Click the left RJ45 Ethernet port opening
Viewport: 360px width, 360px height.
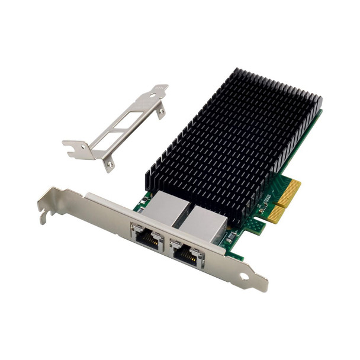click(x=147, y=239)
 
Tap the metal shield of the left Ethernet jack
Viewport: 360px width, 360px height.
click(x=167, y=207)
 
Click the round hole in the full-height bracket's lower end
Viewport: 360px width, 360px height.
click(x=243, y=276)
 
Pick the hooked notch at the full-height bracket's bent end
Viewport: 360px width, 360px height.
click(x=44, y=216)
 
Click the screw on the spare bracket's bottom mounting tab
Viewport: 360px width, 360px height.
click(x=108, y=164)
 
